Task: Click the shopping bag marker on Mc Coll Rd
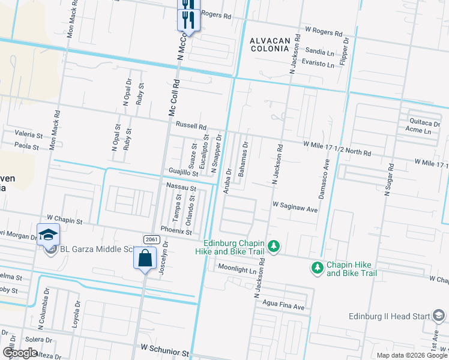[x=145, y=259]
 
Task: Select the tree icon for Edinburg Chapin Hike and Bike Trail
[x=274, y=246]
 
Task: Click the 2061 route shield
[x=151, y=240]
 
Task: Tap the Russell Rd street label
[x=191, y=127]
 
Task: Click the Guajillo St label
[x=184, y=173]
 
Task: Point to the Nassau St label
[x=182, y=188]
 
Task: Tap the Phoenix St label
[x=180, y=232]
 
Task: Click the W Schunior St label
[x=165, y=348]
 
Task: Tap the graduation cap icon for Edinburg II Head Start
[x=439, y=316]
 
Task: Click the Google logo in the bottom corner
[x=19, y=353]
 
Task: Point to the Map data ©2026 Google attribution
[x=411, y=355]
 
